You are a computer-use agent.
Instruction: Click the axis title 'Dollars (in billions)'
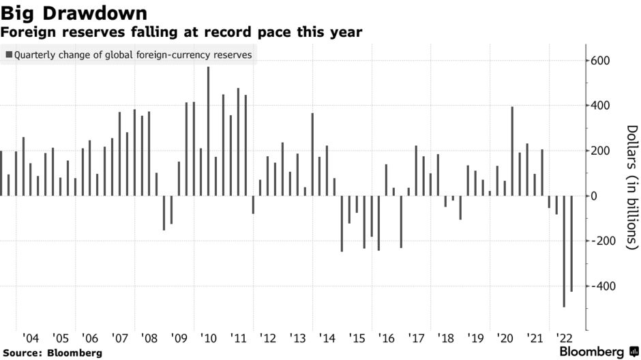pyautogui.click(x=631, y=185)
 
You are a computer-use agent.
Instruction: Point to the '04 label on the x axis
pyautogui.click(x=30, y=338)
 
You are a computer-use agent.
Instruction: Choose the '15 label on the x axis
pyautogui.click(x=357, y=338)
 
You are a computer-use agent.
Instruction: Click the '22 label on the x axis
pyautogui.click(x=564, y=338)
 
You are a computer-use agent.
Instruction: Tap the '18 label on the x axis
pyautogui.click(x=445, y=338)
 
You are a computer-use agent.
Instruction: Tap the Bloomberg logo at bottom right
pyautogui.click(x=592, y=352)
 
